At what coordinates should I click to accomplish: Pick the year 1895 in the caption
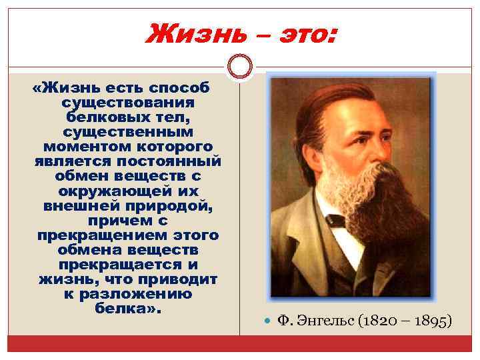pos(431,322)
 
